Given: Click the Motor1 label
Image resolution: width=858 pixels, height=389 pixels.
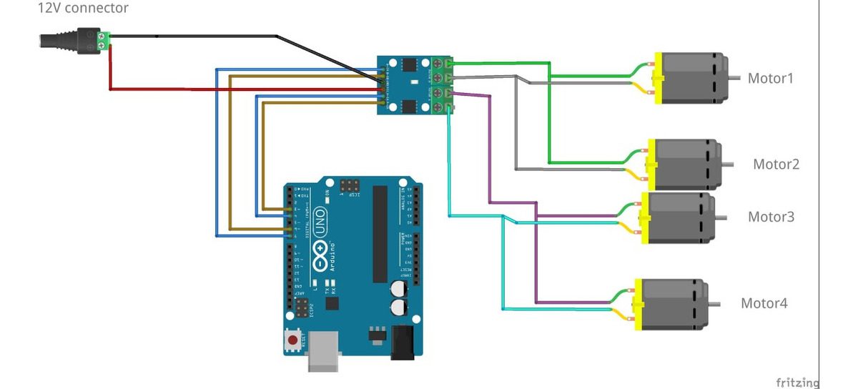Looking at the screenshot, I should [x=770, y=78].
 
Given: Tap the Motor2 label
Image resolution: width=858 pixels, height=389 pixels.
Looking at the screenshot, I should [x=776, y=164].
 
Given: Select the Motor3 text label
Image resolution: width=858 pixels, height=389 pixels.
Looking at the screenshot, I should [x=771, y=217].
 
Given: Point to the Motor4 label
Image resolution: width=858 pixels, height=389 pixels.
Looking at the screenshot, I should [x=764, y=303].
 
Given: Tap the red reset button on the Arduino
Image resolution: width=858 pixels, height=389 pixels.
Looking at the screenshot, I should [x=292, y=338].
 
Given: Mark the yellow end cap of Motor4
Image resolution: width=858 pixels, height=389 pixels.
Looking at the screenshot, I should [x=637, y=303].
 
